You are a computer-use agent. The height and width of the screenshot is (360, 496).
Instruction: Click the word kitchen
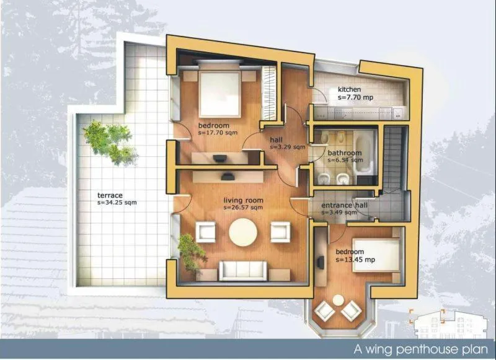tap(349, 90)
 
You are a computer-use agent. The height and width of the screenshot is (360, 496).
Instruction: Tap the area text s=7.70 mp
tap(356, 98)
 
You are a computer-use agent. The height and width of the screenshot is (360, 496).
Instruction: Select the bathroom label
tap(345, 153)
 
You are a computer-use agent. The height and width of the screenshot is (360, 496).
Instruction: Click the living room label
tap(243, 200)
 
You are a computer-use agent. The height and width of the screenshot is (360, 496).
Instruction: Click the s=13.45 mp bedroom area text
tap(357, 260)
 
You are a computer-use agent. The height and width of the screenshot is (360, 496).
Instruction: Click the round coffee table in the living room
tap(242, 233)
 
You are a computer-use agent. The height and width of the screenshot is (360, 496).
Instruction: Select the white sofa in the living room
tap(242, 270)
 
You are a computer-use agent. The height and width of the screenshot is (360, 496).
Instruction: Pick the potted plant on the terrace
tap(109, 141)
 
